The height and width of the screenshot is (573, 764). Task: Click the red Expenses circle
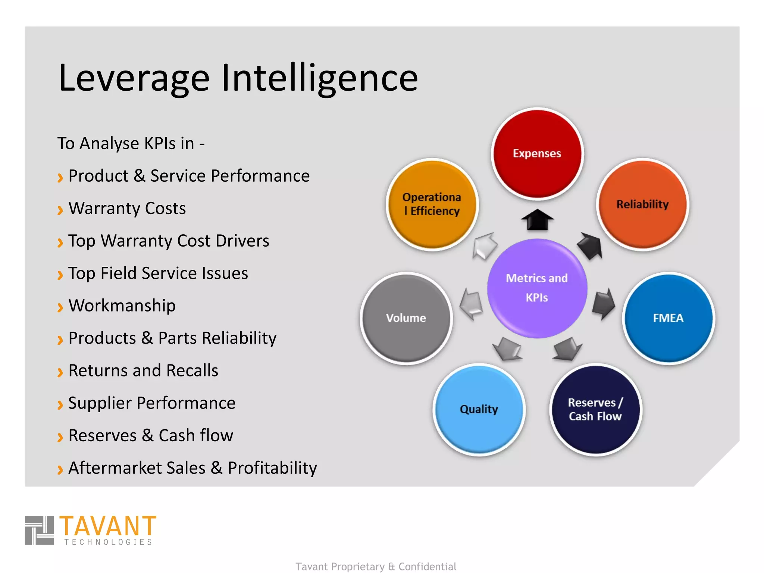point(537,153)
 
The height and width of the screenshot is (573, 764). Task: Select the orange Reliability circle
point(642,204)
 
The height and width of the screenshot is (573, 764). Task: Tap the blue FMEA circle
point(668,318)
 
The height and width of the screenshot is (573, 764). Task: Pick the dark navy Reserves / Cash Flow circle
point(595,410)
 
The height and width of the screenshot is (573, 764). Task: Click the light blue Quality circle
point(479,410)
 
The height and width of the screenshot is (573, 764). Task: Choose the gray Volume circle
point(406,318)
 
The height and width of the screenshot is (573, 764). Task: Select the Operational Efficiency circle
point(432,204)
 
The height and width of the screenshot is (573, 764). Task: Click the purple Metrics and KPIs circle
point(537,288)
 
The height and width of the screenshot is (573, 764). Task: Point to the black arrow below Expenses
point(537,220)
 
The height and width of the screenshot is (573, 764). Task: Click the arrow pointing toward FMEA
point(603,303)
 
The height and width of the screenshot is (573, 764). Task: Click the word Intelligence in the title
point(320,78)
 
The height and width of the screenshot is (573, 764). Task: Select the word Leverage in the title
point(134,79)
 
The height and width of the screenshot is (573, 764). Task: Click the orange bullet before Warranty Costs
point(60,210)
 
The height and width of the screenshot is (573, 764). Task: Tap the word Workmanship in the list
point(122,306)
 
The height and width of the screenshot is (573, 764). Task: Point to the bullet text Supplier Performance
point(152,403)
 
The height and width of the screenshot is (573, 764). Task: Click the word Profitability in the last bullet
point(272,468)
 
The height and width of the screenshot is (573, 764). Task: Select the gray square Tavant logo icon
point(40,530)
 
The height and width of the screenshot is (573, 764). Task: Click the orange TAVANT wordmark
point(108,526)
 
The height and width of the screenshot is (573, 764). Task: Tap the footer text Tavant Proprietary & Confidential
point(376,566)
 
